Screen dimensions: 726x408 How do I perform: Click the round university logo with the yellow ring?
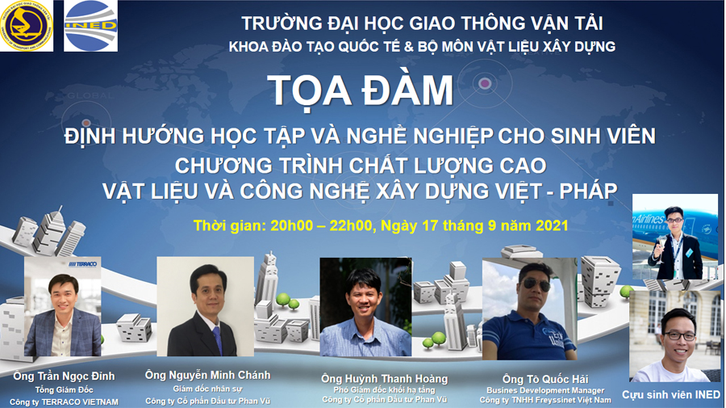[27, 26]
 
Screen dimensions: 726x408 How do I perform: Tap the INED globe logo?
[90, 26]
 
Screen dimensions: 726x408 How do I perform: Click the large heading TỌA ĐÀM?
[361, 90]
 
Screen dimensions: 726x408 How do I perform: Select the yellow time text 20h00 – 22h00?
[321, 225]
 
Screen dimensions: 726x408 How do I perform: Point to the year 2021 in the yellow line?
[552, 225]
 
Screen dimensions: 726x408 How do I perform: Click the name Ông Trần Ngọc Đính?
[64, 376]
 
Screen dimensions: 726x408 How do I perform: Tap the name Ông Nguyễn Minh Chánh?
[207, 375]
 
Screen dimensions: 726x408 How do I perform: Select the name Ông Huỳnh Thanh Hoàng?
[384, 379]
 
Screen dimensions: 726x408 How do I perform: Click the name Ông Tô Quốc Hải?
[545, 379]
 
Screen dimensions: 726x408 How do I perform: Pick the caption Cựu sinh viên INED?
[671, 394]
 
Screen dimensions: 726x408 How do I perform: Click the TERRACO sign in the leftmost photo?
[83, 264]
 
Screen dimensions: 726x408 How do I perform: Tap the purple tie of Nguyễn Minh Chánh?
[217, 339]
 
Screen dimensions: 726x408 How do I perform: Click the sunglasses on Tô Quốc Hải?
[536, 284]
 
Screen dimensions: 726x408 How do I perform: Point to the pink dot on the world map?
[484, 83]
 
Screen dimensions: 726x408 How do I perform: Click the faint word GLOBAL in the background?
[90, 95]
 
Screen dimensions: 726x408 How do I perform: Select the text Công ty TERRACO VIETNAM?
[64, 402]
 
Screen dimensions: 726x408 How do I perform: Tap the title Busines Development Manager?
[545, 390]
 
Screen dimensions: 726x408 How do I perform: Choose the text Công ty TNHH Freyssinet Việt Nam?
[545, 400]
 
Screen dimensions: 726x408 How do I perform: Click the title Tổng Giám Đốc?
[64, 390]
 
